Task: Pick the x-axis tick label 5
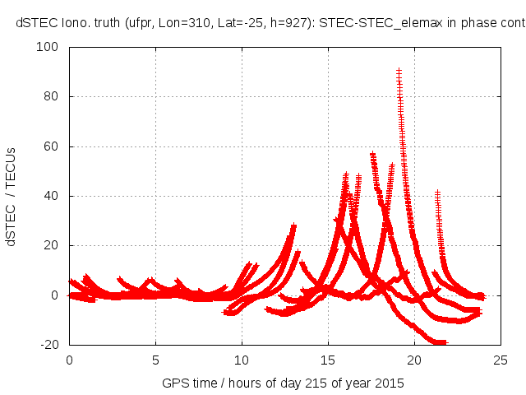coord(155,360)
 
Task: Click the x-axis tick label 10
coord(242,360)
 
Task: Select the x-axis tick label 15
coord(328,360)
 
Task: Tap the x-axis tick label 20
coord(414,360)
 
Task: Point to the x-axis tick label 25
coord(501,360)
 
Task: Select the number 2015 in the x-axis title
coord(390,383)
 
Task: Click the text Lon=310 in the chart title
coord(180,23)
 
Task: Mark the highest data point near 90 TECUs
coord(399,72)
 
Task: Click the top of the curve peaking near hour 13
coord(293,225)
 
